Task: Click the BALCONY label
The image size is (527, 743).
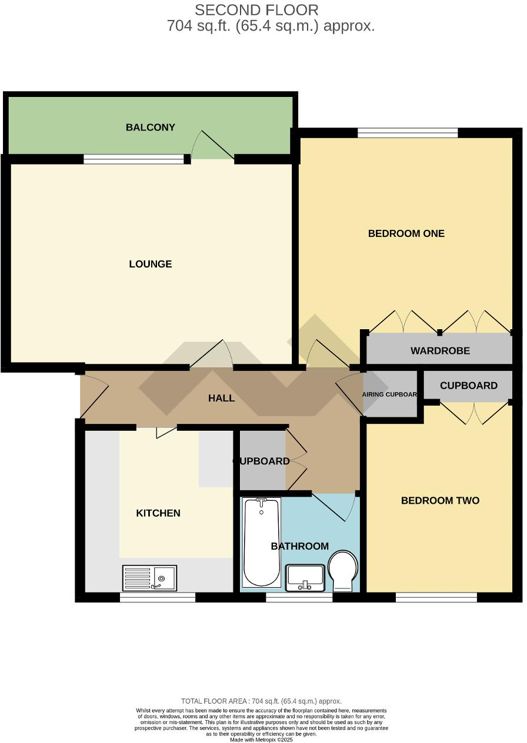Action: pyautogui.click(x=151, y=128)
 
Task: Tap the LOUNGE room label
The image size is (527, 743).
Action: pyautogui.click(x=151, y=264)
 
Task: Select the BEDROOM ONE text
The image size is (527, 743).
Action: pyautogui.click(x=406, y=233)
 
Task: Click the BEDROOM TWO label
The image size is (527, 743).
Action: pyautogui.click(x=440, y=501)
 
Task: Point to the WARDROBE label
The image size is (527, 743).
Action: pyautogui.click(x=440, y=351)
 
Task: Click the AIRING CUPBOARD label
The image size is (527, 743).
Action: pyautogui.click(x=389, y=394)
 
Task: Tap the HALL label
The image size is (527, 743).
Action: pyautogui.click(x=221, y=399)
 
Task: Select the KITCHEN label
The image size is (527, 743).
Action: pyautogui.click(x=158, y=513)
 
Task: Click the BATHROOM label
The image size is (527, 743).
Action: pyautogui.click(x=299, y=547)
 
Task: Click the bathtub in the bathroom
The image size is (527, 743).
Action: pyautogui.click(x=262, y=542)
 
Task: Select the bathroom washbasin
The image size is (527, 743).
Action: pyautogui.click(x=305, y=577)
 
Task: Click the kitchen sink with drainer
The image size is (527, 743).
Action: pyautogui.click(x=149, y=577)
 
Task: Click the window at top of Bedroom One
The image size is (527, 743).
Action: pyautogui.click(x=407, y=133)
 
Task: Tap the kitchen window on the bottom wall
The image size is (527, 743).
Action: pyautogui.click(x=158, y=597)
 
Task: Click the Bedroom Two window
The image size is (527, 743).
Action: pyautogui.click(x=436, y=597)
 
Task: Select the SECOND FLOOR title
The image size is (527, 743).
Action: pyautogui.click(x=256, y=10)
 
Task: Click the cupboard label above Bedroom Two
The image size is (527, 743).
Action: pyautogui.click(x=468, y=386)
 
